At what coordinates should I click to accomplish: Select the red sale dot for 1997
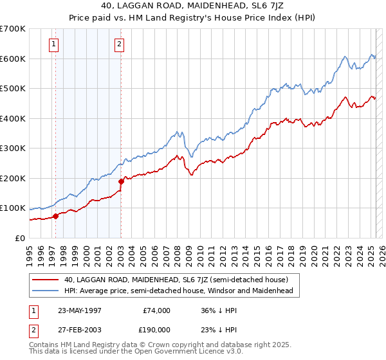[x=56, y=216]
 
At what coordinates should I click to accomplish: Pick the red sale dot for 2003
[x=121, y=181]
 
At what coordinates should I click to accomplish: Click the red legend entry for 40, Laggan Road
[x=180, y=280]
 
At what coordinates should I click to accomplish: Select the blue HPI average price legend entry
[x=178, y=291]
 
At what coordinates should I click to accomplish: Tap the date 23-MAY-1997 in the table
[x=80, y=310]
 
